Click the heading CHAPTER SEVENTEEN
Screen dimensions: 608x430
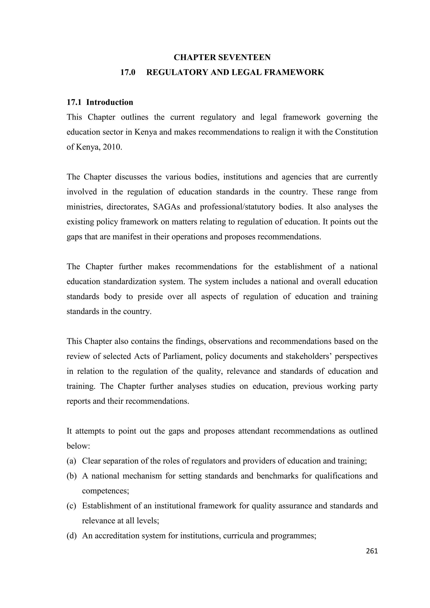pyautogui.click(x=222, y=57)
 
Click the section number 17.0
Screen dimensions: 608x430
pyautogui.click(x=128, y=72)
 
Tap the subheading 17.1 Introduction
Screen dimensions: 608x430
pyautogui.click(x=100, y=102)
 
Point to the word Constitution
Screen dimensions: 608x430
pyautogui.click(x=356, y=132)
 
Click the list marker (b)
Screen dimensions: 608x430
pyautogui.click(x=72, y=476)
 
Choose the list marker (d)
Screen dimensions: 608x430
pyautogui.click(x=72, y=536)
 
